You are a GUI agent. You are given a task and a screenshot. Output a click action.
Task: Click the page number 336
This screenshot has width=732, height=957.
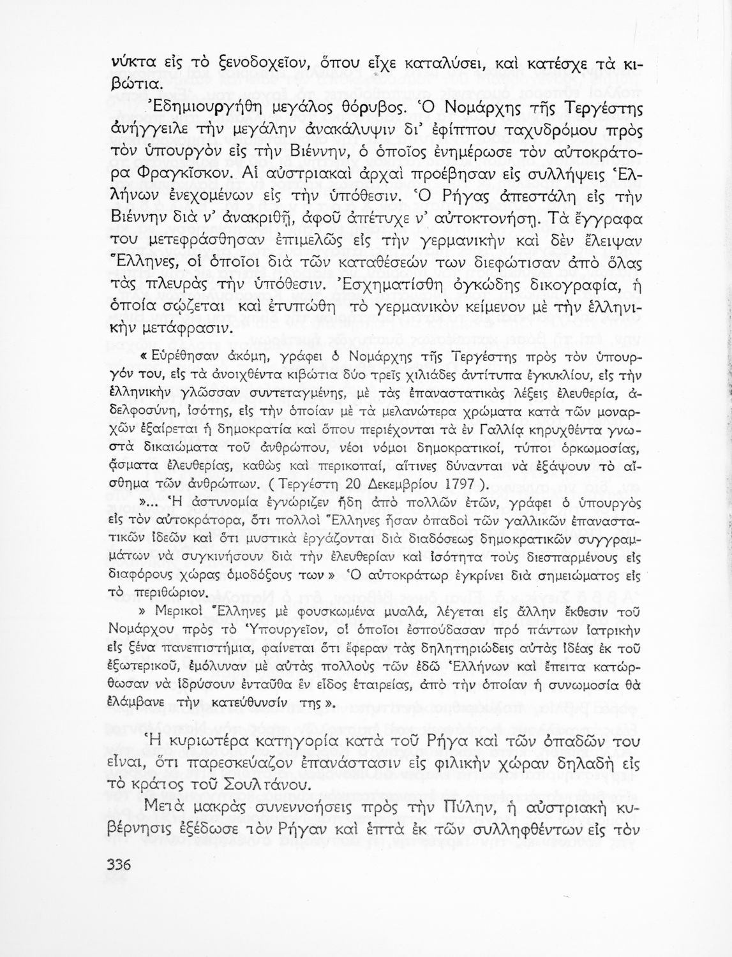coord(116,865)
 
